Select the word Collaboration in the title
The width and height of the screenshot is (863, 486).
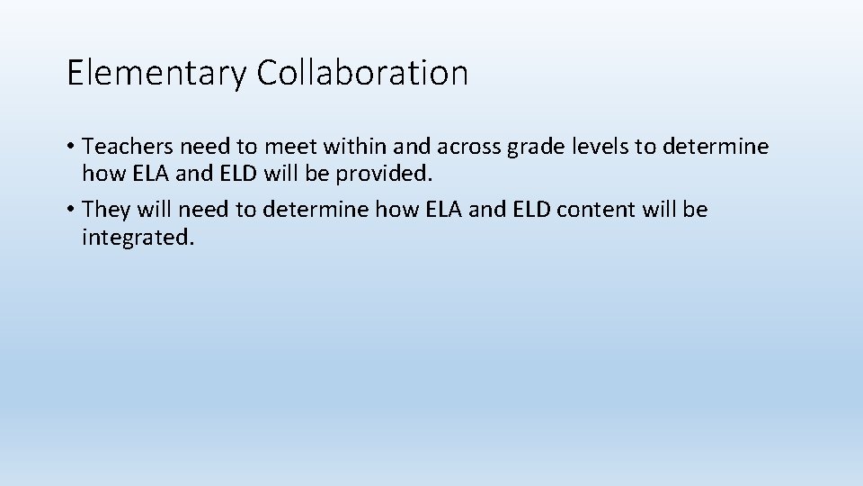pyautogui.click(x=362, y=72)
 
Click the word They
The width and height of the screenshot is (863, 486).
pyautogui.click(x=106, y=211)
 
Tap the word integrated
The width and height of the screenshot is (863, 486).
pyautogui.click(x=138, y=238)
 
